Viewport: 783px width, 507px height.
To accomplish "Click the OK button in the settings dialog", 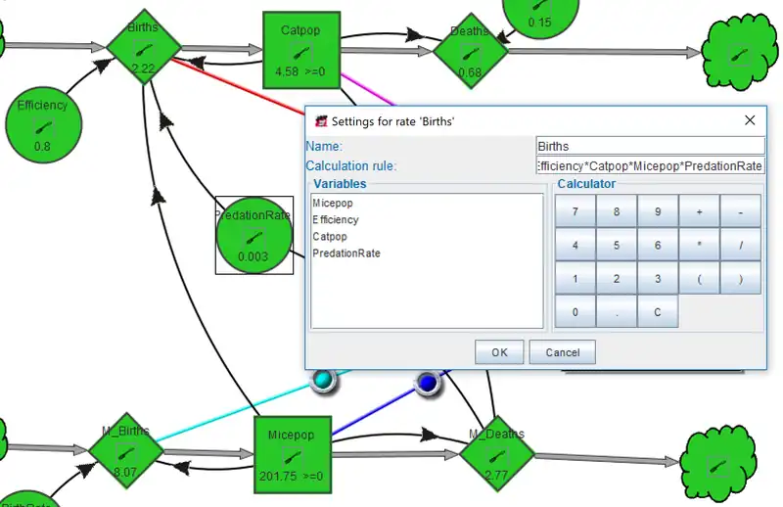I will pyautogui.click(x=499, y=352).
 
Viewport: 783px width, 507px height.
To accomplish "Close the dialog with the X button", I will pyautogui.click(x=750, y=120).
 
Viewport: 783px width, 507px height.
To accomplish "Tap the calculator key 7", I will pyautogui.click(x=575, y=211).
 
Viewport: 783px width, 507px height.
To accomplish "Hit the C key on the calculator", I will pyautogui.click(x=657, y=312).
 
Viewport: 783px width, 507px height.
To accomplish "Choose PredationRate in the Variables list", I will pyautogui.click(x=345, y=253).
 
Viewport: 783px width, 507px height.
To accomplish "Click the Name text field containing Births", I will pyautogui.click(x=650, y=146).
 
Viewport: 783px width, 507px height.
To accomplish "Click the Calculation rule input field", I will pyautogui.click(x=650, y=166).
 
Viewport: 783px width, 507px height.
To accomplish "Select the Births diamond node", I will pyautogui.click(x=144, y=46).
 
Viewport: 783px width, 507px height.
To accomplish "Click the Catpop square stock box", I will pyautogui.click(x=300, y=50).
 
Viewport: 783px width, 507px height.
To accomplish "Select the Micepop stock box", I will pyautogui.click(x=291, y=454).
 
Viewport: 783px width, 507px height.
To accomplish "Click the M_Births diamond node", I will pyautogui.click(x=124, y=451).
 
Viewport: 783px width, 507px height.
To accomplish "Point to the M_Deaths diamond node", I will pyautogui.click(x=496, y=453).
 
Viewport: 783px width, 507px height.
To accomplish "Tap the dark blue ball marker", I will pyautogui.click(x=428, y=383).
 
